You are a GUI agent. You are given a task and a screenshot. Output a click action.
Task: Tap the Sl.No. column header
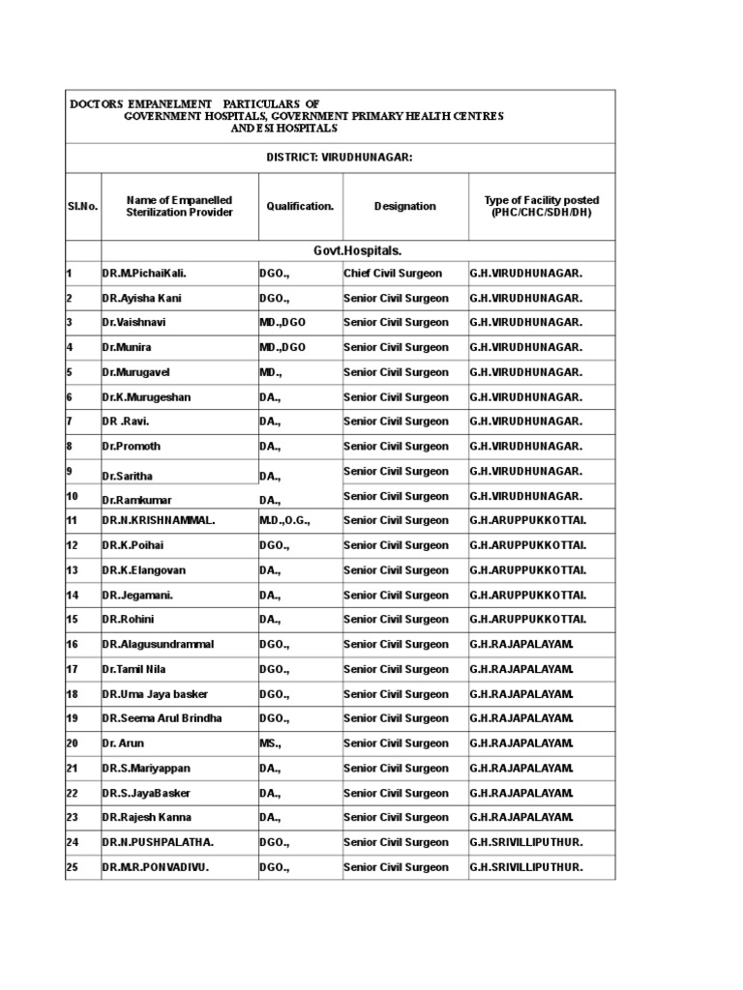click(82, 206)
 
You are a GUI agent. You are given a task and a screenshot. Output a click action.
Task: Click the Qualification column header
click(300, 206)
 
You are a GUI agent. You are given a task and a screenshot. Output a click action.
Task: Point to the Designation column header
click(404, 206)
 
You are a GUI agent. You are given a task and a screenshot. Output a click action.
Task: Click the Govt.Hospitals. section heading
click(357, 251)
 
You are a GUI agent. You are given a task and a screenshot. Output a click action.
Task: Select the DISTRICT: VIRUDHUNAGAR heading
click(340, 157)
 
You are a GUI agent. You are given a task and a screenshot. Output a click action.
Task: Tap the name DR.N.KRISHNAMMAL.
click(159, 521)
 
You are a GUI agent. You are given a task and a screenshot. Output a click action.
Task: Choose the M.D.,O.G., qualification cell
click(284, 521)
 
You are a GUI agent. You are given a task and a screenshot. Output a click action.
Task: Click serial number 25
click(72, 867)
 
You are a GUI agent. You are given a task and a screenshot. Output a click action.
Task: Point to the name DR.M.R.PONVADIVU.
click(156, 867)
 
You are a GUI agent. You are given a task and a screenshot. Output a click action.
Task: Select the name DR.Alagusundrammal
click(158, 645)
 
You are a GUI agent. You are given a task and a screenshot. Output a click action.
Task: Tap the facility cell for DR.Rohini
click(527, 620)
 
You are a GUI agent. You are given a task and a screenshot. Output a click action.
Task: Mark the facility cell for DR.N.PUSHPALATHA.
click(526, 843)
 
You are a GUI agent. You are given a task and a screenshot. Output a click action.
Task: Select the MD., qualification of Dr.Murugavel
click(270, 372)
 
